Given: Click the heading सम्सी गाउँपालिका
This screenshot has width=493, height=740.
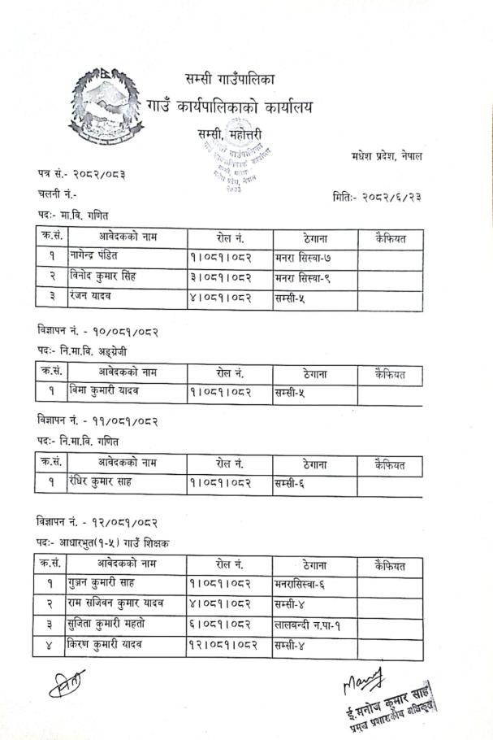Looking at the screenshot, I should [x=230, y=80].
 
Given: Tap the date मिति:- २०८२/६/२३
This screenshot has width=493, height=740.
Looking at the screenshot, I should [x=377, y=196].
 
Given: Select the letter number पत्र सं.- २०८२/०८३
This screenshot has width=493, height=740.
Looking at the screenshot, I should [x=81, y=174].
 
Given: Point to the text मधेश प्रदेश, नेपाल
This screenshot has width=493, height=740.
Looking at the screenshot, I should [x=387, y=155].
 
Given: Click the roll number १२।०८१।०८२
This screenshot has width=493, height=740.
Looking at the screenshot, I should [x=227, y=646].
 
